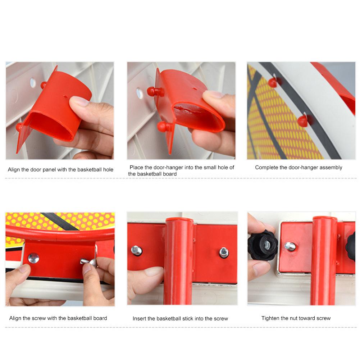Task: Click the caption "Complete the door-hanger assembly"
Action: point(299,168)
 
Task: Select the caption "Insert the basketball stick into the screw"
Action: point(180,318)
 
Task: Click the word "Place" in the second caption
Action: point(136,167)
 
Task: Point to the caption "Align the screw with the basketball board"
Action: point(58,318)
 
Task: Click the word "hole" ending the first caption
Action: point(108,170)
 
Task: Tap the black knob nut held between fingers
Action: point(263,245)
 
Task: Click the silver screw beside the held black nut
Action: point(290,246)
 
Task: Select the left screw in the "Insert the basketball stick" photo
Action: point(137,250)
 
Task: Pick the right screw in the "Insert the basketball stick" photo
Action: point(224,252)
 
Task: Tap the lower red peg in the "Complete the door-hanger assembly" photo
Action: point(303,121)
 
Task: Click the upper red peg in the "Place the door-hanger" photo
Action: point(155,92)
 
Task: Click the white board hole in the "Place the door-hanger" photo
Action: point(140,93)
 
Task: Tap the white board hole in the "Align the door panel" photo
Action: point(33,83)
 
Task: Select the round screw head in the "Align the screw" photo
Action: point(33,258)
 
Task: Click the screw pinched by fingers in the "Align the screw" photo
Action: point(88,262)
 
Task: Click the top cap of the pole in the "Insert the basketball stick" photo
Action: point(180,219)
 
